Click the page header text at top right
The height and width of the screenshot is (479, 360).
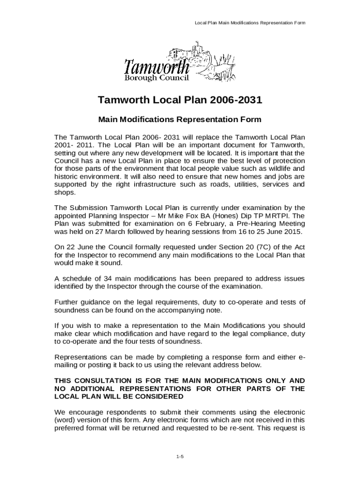250,23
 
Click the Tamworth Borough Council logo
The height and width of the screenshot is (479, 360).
180,64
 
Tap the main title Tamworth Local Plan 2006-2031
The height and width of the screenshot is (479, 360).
180,101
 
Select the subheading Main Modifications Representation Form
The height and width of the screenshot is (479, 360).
180,120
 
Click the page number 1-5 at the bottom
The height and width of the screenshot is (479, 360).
180,456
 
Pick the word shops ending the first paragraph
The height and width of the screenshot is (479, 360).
64,192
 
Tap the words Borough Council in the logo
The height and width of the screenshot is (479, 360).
156,78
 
